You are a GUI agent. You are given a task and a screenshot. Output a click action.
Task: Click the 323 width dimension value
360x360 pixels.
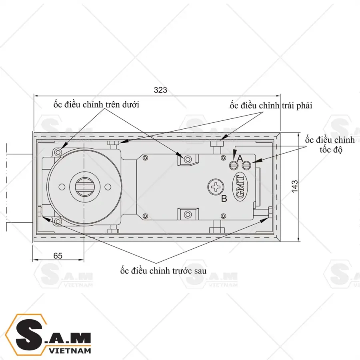pos(160,90)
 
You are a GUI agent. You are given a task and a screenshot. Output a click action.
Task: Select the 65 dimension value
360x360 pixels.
pos(58,256)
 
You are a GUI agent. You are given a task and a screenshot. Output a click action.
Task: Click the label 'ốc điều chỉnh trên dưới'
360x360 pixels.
pos(96,105)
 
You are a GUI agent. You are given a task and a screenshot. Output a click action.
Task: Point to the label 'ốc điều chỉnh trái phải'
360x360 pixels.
pos(271,106)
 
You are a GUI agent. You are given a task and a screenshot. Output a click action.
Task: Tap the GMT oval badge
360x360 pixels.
pos(243,186)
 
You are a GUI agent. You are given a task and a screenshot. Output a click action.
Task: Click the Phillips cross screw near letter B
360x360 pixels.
pos(216,186)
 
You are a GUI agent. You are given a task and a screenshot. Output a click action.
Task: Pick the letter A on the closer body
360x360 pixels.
pos(240,158)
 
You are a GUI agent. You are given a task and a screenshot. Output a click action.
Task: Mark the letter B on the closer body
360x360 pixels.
pos(224,198)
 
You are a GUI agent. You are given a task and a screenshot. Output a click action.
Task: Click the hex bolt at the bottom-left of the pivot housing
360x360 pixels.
pos(59,221)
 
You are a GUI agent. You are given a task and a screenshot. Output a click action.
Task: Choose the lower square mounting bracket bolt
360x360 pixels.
pos(187,214)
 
